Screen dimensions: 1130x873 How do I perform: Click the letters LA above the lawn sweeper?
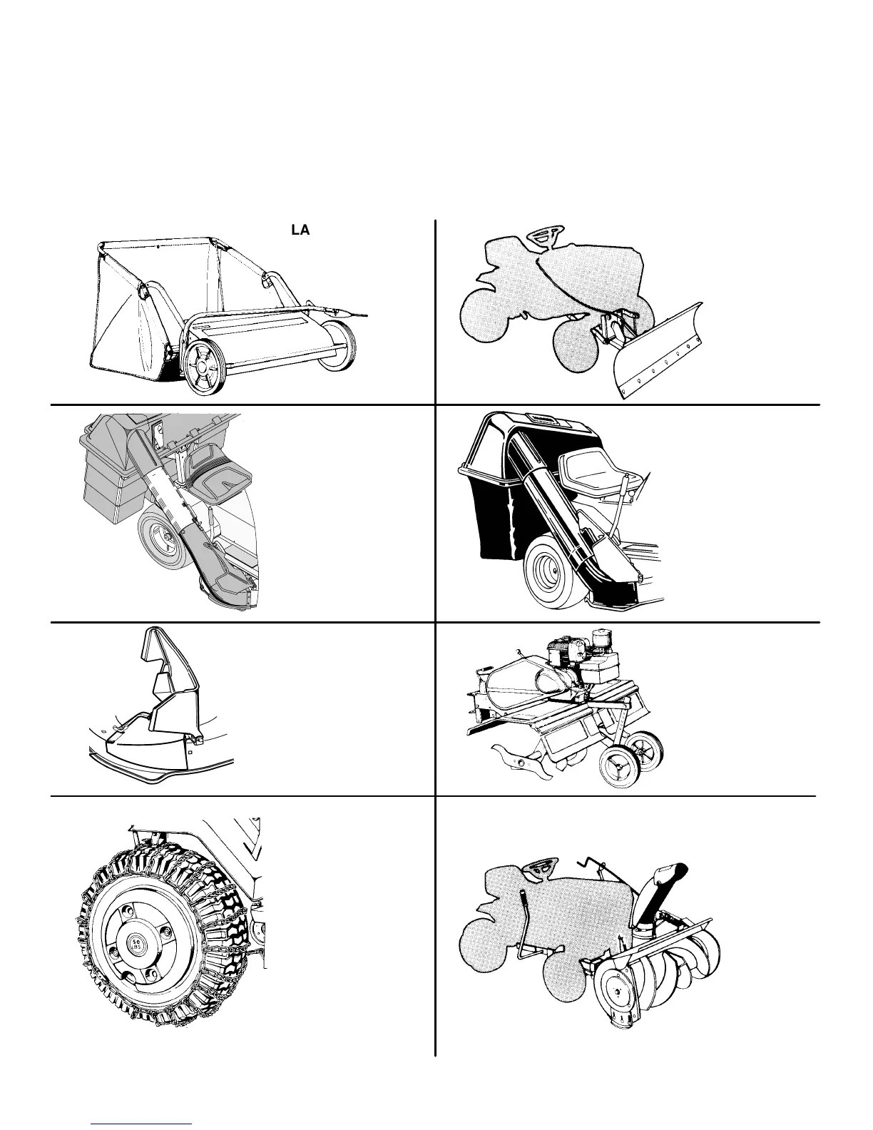[300, 231]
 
